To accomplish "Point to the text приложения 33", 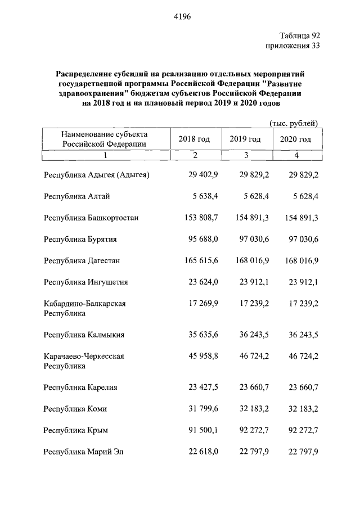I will coord(292,46).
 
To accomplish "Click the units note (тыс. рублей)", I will coord(294,123).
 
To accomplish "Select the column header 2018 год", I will coord(194,139).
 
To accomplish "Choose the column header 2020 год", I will coord(295,139).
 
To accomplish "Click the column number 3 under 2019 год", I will coord(245,156).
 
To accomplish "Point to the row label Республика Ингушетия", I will coord(86,282).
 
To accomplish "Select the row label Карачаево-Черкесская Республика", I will coord(84,361).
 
